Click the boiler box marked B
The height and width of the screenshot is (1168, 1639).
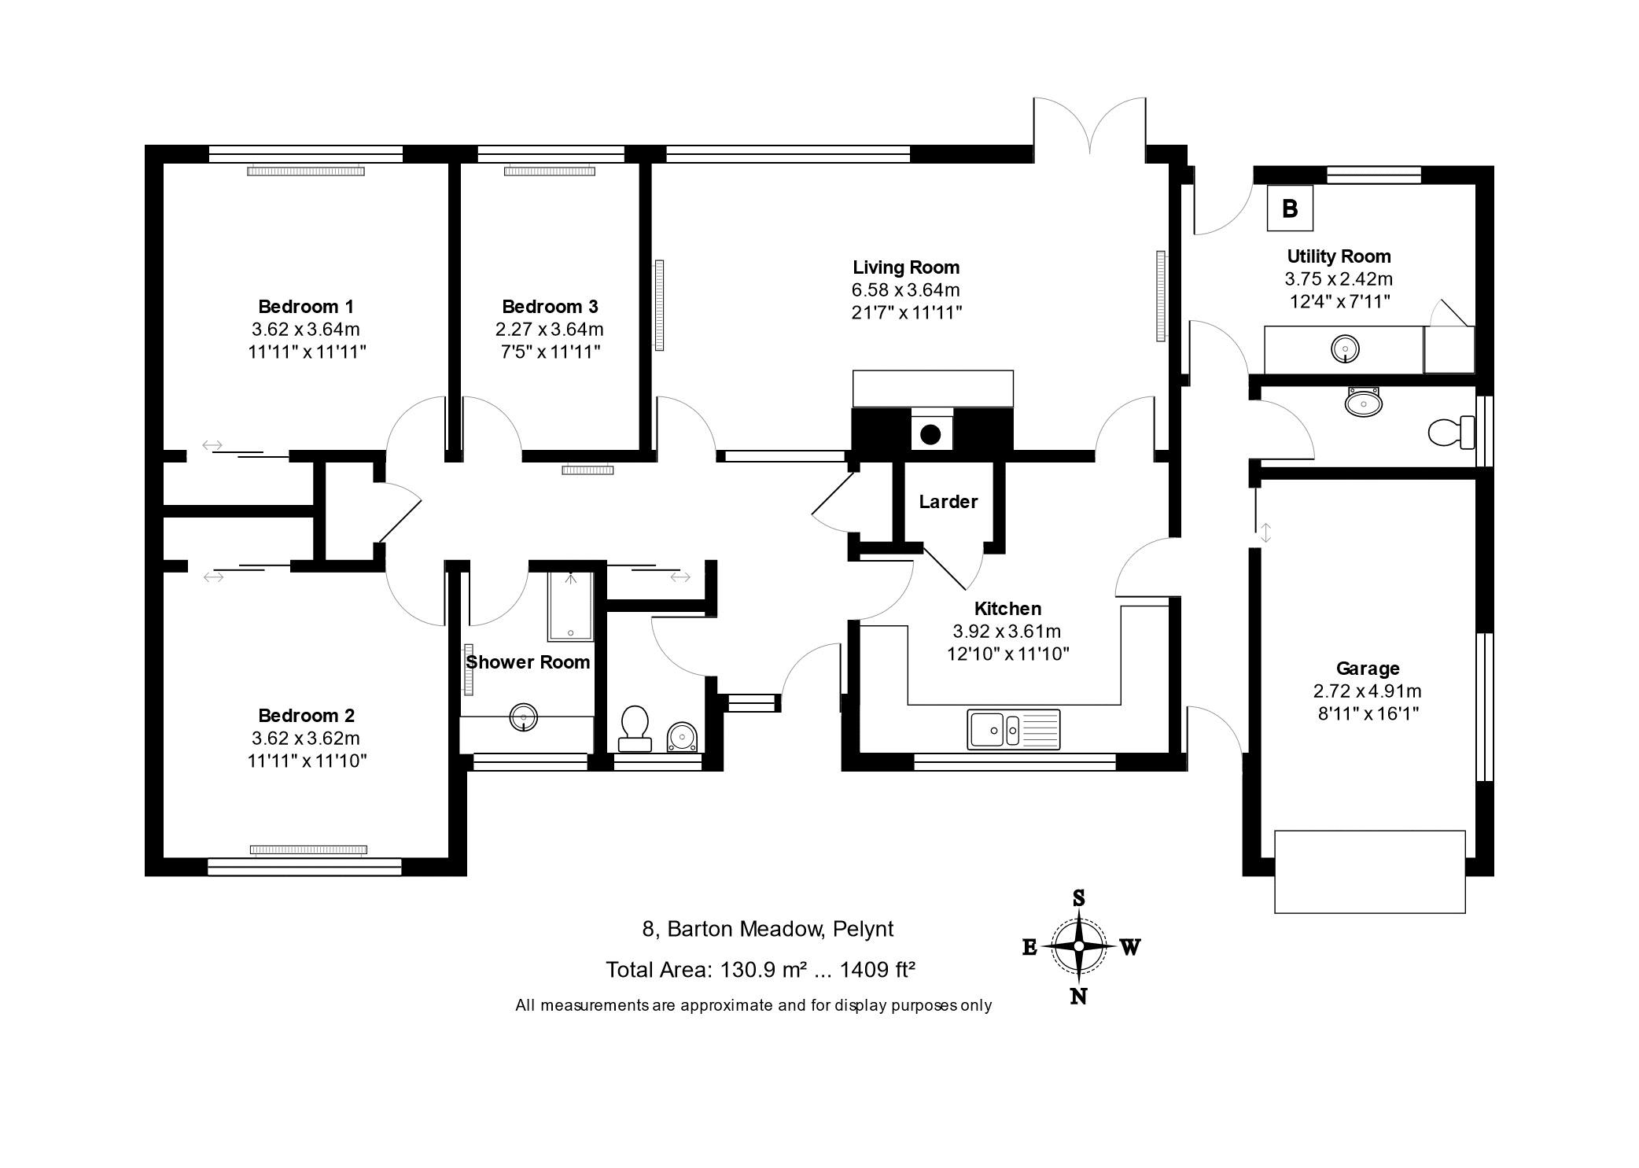coord(1290,208)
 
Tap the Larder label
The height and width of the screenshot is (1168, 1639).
coord(948,502)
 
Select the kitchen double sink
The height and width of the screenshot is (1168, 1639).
coord(1015,729)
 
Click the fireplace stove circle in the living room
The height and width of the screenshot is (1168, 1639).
coord(931,433)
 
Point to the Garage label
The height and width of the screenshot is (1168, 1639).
coord(1368,669)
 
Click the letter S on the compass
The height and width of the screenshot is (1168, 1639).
coord(1079,898)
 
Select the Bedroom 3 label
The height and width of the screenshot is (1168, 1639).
coord(550,307)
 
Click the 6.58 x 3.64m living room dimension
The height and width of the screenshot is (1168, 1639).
coord(906,290)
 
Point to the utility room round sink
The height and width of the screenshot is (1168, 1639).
coord(1346,348)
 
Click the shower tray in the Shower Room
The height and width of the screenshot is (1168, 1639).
coord(571,606)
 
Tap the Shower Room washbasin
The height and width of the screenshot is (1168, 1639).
coord(524,717)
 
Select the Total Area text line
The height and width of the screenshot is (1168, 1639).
coord(760,970)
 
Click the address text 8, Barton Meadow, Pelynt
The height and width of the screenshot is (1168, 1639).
coord(768,929)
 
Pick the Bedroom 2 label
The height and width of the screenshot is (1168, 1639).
coord(306,716)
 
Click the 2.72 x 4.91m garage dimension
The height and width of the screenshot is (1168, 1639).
coord(1368,691)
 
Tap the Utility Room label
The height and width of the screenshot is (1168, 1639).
coord(1339,256)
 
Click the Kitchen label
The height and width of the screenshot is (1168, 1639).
coord(1007,609)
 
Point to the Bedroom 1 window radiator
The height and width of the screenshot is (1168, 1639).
coord(306,171)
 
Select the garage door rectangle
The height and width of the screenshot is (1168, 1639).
coord(1369,871)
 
